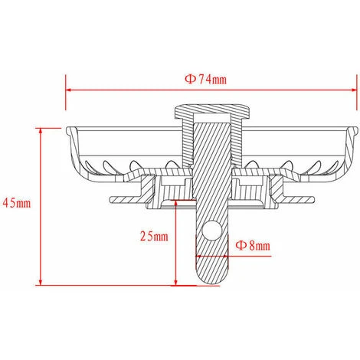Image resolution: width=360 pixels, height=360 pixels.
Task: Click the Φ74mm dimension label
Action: click(206, 80)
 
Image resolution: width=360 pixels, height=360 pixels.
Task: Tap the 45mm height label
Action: click(17, 203)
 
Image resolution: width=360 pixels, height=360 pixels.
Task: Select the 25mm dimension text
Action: click(154, 236)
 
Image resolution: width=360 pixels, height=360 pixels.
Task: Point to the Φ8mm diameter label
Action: click(253, 245)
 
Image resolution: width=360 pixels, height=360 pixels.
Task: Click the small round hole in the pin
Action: click(211, 231)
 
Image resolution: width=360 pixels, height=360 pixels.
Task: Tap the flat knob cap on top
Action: click(212, 111)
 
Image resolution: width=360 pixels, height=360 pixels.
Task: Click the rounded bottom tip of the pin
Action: click(211, 280)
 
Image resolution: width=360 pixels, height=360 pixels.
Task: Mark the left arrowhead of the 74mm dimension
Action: click(68, 90)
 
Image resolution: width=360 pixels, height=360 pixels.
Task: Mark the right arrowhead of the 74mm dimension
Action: click(354, 90)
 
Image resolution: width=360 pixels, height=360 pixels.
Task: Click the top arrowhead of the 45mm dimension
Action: click(41, 131)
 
